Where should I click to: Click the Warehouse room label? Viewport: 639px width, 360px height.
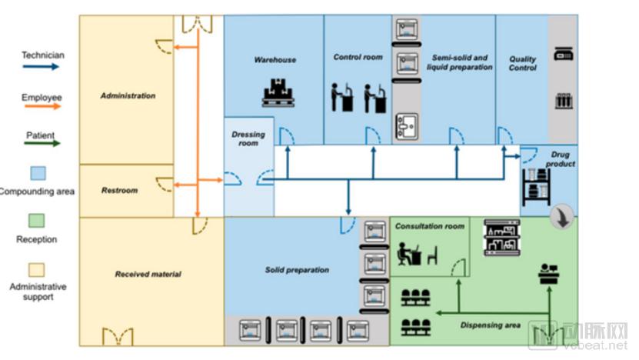(275, 59)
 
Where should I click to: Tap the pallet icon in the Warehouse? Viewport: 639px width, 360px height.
(278, 93)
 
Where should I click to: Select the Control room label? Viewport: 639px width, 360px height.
(358, 57)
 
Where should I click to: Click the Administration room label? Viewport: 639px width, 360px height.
(128, 96)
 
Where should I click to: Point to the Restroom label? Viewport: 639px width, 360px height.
(118, 190)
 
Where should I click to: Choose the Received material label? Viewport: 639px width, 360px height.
(148, 274)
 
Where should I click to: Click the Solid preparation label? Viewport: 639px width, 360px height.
(297, 270)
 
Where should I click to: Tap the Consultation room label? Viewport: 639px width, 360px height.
(429, 226)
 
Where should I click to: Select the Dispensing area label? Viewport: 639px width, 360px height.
(491, 325)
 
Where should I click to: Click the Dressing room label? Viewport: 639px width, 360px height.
(248, 138)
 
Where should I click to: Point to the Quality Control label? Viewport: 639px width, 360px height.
(522, 63)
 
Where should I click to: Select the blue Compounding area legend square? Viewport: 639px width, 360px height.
(37, 173)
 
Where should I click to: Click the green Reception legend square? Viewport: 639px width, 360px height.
(37, 222)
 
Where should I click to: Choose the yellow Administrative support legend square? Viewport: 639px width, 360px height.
(37, 270)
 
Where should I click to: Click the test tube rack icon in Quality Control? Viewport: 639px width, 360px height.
(564, 101)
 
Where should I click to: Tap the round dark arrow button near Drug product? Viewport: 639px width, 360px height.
(564, 218)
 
